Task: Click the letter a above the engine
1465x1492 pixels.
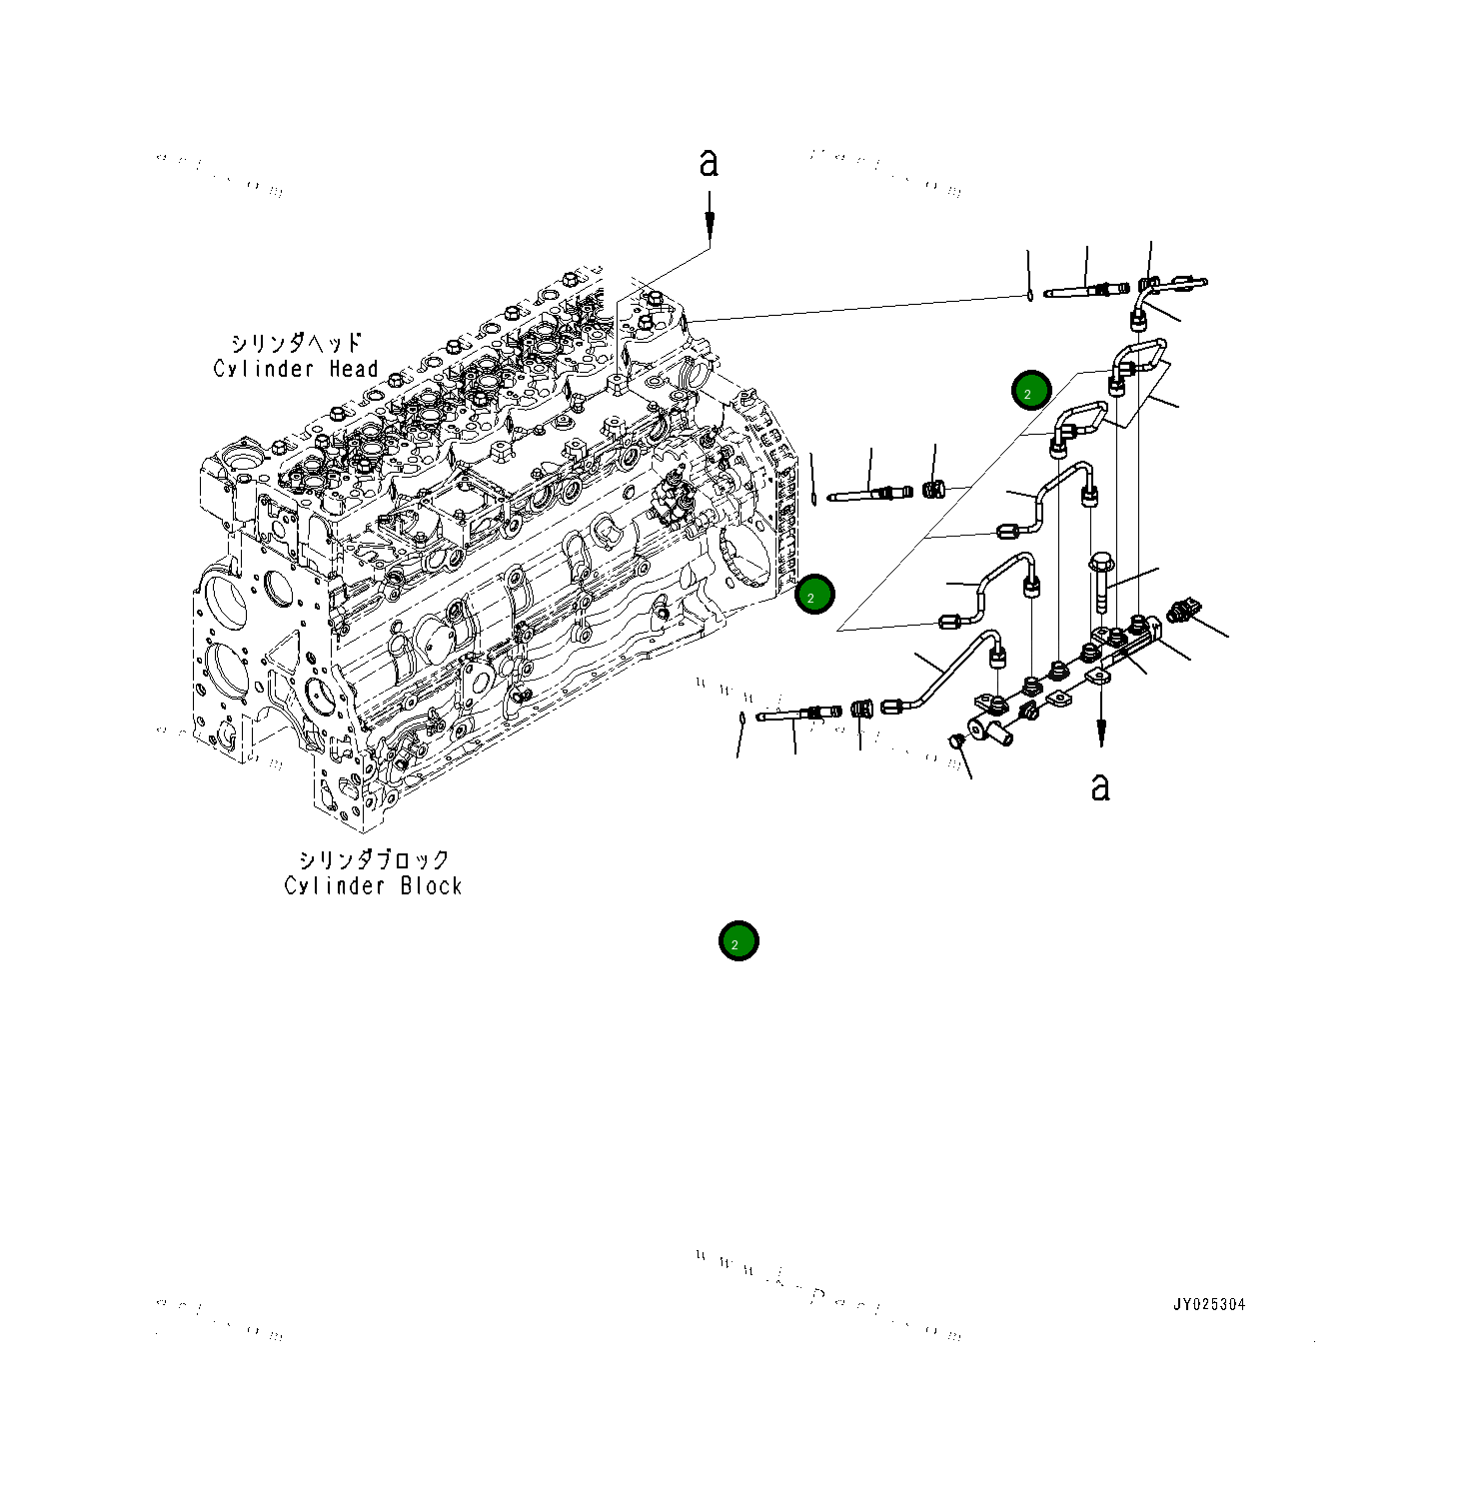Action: (x=709, y=163)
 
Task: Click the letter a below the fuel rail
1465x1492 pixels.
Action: (x=1100, y=787)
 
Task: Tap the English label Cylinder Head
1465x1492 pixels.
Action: (x=296, y=369)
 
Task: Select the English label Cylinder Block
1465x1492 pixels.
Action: (x=373, y=885)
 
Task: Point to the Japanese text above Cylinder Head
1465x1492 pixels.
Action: (x=296, y=343)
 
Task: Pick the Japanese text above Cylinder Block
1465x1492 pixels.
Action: (x=374, y=859)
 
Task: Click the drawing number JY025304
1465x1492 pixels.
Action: (x=1209, y=1304)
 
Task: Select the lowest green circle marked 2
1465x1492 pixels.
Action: (x=738, y=941)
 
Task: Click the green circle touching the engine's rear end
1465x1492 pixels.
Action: (x=814, y=595)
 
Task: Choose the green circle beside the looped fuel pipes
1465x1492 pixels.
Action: (x=1030, y=391)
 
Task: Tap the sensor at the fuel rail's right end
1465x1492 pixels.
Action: (x=1187, y=610)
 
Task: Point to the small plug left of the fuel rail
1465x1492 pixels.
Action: (x=954, y=741)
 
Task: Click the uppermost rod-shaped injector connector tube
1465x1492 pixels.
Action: (x=1084, y=292)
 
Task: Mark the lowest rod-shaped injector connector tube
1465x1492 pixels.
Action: (x=796, y=714)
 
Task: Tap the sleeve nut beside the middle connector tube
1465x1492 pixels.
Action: (x=933, y=491)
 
